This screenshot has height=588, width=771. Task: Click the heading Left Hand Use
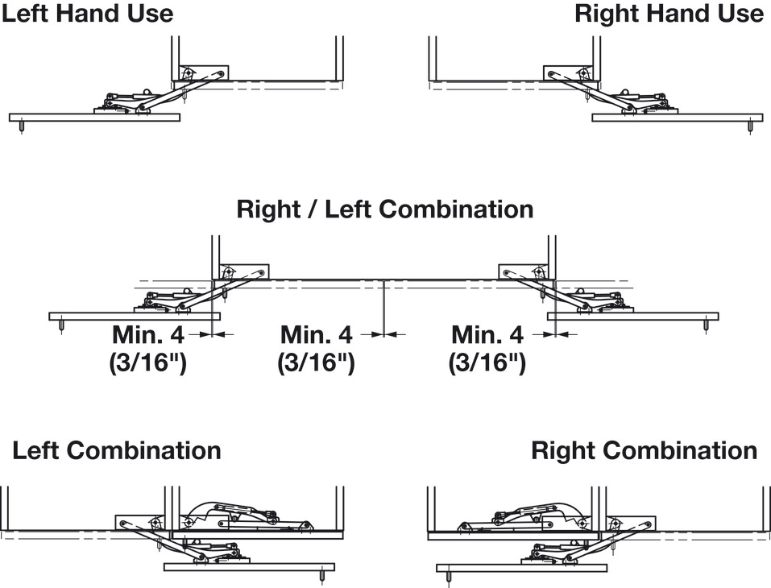(x=87, y=14)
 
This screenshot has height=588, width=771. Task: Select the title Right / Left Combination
(x=385, y=209)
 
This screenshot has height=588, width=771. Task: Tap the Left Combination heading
(x=117, y=450)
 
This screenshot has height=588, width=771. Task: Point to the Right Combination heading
(x=644, y=450)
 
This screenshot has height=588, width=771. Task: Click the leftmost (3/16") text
(x=148, y=362)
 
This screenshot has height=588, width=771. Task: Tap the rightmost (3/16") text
(x=487, y=362)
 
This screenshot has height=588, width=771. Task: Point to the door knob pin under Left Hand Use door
(x=21, y=126)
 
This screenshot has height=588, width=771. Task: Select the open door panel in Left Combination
(x=248, y=567)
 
